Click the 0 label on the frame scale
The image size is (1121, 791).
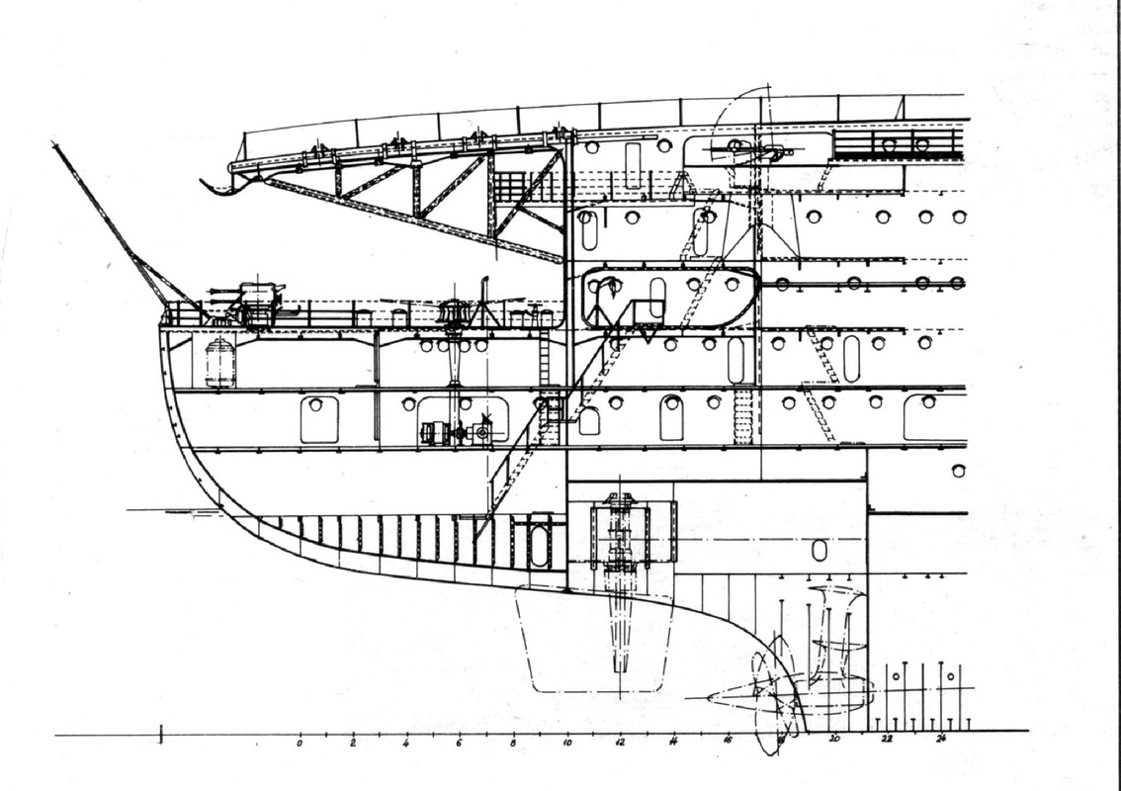pos(300,742)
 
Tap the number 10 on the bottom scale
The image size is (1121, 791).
pos(565,742)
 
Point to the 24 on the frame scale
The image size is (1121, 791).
pos(940,739)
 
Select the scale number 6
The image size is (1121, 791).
pos(459,742)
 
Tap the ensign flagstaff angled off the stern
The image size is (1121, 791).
pos(109,222)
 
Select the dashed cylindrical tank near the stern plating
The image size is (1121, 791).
pos(220,362)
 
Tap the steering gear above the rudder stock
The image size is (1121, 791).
pos(619,534)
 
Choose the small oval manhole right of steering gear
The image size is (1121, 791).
pos(819,550)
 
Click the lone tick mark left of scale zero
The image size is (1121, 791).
pos(161,733)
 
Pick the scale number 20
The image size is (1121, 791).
pos(834,740)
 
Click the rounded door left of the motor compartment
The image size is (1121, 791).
pos(319,419)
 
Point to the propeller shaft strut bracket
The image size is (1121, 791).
pos(835,633)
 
